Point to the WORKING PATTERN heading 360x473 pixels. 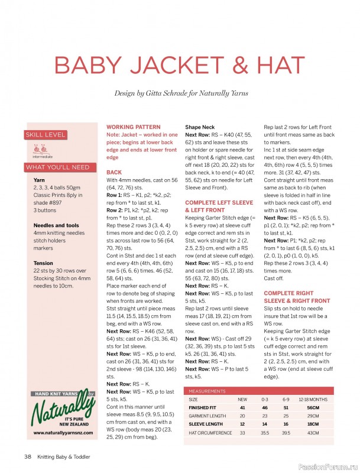[x=133, y=127]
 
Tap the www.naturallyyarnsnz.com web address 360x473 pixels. [x=61, y=433]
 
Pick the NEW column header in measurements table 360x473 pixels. [x=242, y=400]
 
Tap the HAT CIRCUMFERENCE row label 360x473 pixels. [x=210, y=433]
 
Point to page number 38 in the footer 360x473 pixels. [x=27, y=456]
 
